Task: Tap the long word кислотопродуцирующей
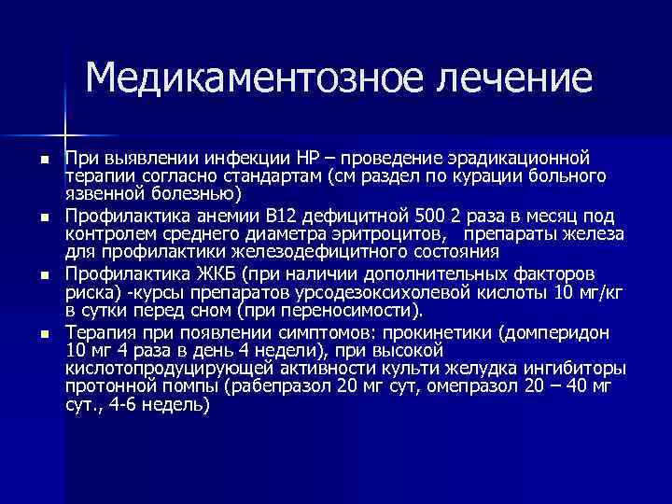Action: pos(156,368)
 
